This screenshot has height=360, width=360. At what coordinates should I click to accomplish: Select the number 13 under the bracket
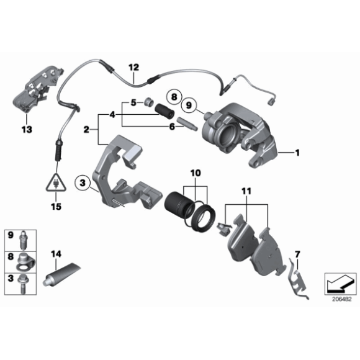pos(25,129)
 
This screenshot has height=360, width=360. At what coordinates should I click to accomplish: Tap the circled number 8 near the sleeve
pos(174,97)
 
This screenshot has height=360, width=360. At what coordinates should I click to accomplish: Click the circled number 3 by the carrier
pos(81,183)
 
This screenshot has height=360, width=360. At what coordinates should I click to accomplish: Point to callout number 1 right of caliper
pos(297,152)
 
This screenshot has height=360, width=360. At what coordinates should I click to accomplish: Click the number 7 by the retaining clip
pos(297,253)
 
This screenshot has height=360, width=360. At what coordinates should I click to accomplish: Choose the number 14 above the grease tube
pos(56,253)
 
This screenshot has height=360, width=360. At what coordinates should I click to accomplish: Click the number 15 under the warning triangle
pos(56,206)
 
